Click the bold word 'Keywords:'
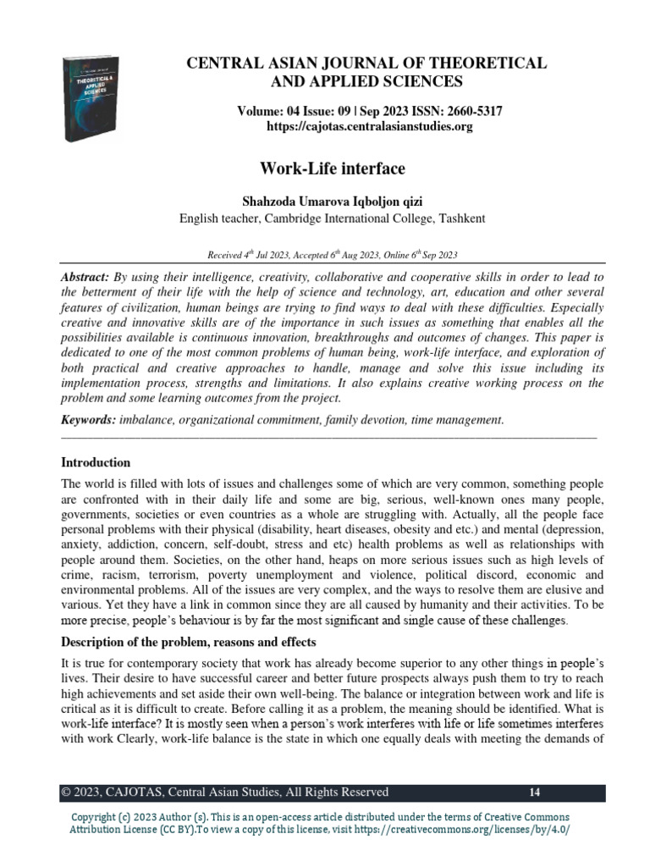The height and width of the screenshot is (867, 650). pyautogui.click(x=90, y=419)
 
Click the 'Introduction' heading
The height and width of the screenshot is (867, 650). pyautogui.click(x=96, y=462)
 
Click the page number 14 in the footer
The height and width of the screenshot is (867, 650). pyautogui.click(x=534, y=792)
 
